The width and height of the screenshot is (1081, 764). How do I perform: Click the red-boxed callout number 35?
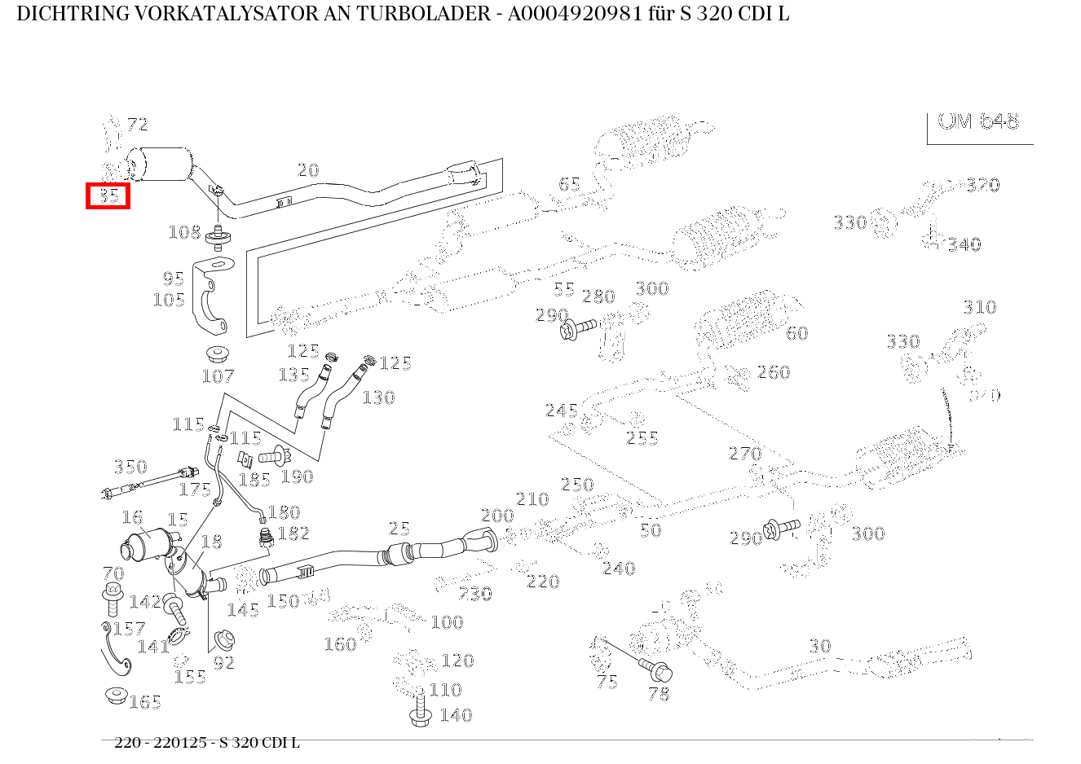tap(108, 195)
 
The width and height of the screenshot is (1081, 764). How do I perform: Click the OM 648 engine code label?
tap(978, 121)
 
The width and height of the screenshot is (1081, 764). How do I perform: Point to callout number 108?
tap(184, 232)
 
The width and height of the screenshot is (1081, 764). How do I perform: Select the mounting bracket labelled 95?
tap(213, 298)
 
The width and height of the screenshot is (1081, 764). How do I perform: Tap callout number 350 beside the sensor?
tap(130, 467)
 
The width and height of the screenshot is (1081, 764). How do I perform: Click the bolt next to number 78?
tap(658, 672)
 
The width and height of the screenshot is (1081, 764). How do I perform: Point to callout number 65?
tap(569, 184)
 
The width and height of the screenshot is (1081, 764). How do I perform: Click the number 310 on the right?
tap(979, 307)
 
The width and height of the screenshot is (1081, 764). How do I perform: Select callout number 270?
tap(744, 454)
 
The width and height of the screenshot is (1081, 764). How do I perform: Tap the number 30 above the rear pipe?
tap(819, 646)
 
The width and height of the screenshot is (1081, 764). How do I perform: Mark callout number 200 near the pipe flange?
tap(497, 516)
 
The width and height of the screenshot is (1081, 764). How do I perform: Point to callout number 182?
tap(293, 533)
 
